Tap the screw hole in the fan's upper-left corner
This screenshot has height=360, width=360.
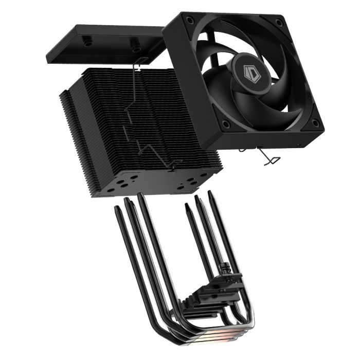pyautogui.click(x=190, y=20)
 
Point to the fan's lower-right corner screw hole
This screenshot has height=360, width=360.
pyautogui.click(x=315, y=123)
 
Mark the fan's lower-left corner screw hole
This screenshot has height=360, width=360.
pyautogui.click(x=225, y=123)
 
